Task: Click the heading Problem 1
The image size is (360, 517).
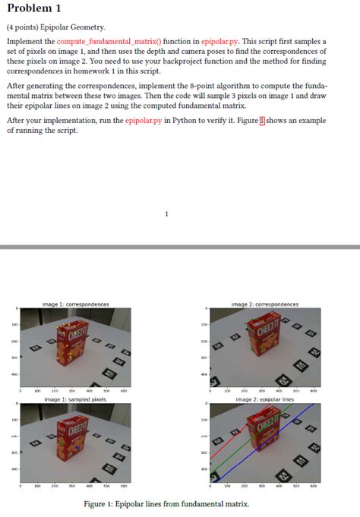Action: pos(33,8)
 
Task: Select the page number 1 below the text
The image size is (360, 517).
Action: pos(166,214)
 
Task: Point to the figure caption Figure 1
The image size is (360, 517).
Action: pos(166,504)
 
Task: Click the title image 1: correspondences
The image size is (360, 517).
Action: pos(76,304)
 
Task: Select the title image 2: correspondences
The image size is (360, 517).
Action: pos(264,304)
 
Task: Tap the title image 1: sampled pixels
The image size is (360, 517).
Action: pos(75,399)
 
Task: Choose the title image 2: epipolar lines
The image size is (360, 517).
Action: pos(264,399)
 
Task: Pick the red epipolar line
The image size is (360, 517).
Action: pos(228,448)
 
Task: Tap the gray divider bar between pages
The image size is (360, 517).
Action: pos(180,247)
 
